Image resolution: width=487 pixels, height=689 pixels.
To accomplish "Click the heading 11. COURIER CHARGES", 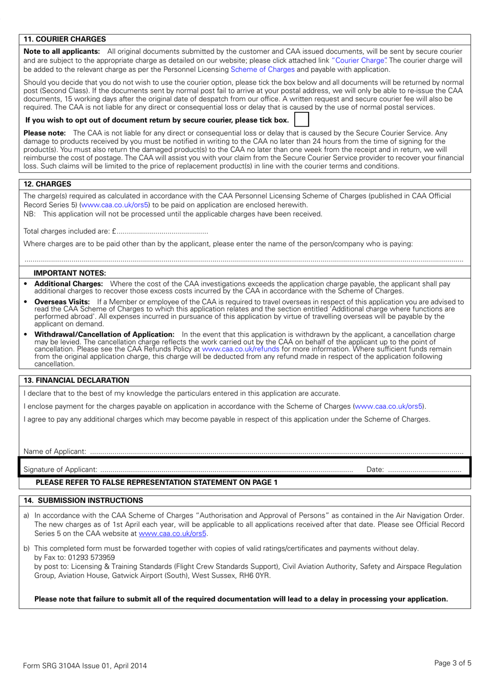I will pos(65,39).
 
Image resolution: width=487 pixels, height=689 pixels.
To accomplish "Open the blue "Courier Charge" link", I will pos(359,61).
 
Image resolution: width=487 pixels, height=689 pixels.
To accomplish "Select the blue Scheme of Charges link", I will pos(262,69).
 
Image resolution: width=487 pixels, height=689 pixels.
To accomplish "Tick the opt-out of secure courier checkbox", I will pos(301,120).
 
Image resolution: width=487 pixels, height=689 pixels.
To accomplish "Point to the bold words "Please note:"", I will pos(45,133).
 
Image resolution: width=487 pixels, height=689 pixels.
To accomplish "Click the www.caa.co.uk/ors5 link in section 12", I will pos(115,205).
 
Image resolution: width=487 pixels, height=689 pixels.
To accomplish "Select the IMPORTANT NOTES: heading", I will pos(70,273).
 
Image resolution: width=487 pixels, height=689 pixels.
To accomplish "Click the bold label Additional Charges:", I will pos(68,284).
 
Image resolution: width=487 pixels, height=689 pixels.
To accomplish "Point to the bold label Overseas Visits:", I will pos(62,302).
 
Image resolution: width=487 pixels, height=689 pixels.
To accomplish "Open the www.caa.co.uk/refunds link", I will pos(240,349).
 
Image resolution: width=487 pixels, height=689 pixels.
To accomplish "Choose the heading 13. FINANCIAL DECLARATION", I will pos(76,380).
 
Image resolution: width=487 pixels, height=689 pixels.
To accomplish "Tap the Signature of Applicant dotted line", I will pos(226,469).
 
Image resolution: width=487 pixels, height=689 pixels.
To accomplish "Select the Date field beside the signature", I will pos(424,469).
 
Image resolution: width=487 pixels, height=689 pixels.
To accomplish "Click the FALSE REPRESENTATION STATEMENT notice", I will pos(156,482).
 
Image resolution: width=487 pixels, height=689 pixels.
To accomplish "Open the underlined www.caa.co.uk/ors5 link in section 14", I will pos(172,534).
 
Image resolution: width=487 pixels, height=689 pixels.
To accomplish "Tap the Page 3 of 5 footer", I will pos(452,663).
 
